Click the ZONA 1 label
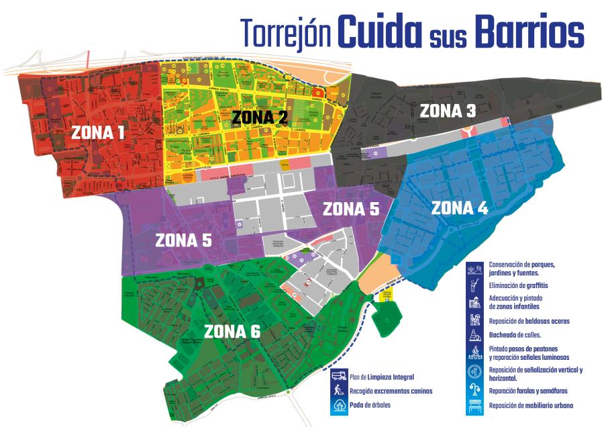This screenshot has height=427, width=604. pos(97,133)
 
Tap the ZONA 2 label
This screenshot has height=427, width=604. pos(260,117)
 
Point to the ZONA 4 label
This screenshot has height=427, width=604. pos(460,208)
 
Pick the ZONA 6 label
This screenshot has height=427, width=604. pos(232,332)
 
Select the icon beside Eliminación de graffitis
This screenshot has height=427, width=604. pos(476,285)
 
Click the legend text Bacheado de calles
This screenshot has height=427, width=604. pos(515,334)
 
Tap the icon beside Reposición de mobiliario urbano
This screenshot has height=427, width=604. pos(476,406)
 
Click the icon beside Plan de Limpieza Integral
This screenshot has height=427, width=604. pos(338,377)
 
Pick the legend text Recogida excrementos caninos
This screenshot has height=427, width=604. pos(390,391)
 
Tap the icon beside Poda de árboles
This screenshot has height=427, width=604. pos(338,406)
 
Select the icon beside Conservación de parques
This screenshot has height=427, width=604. pos(476,269)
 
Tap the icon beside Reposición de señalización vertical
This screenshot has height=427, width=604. pos(476,373)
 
